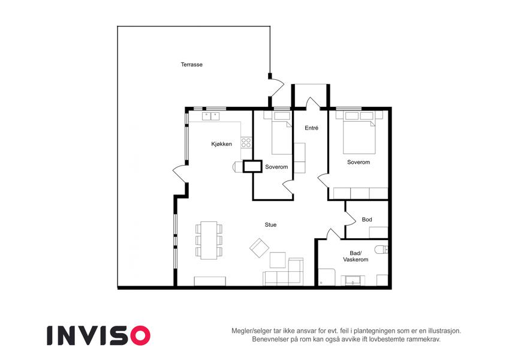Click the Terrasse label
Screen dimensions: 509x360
coord(191,65)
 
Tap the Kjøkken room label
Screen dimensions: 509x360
coord(221,144)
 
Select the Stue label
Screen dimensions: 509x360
coord(270,224)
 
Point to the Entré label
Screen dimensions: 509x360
coord(311,128)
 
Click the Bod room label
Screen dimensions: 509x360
coord(367,220)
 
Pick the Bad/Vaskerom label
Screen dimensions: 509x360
coord(356,256)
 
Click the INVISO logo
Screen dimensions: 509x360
coord(99,335)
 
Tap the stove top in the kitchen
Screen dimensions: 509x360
coord(246,143)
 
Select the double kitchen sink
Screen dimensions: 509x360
coord(210,116)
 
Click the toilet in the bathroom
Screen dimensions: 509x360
coord(381,250)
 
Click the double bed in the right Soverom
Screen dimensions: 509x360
coord(359,132)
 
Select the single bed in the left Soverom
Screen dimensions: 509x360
coord(281,133)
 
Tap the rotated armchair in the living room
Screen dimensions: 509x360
coord(260,248)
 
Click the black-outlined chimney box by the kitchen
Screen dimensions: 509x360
coord(253,166)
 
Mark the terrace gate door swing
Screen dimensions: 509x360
coord(276,85)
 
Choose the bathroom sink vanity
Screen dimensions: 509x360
coord(353,281)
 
